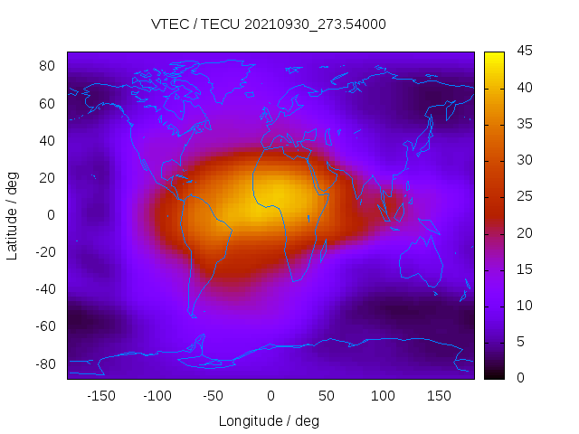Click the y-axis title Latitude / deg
click(13, 214)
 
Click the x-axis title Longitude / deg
click(269, 420)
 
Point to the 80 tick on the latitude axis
click(47, 66)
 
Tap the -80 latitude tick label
click(44, 363)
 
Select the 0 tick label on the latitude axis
click(52, 214)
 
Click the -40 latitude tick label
click(44, 289)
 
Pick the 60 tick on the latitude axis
click(47, 103)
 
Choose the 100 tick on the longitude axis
click(383, 396)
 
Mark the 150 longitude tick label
click(439, 396)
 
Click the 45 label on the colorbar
click(522, 52)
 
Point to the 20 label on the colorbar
click(522, 233)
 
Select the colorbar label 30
click(522, 160)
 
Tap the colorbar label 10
click(522, 306)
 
